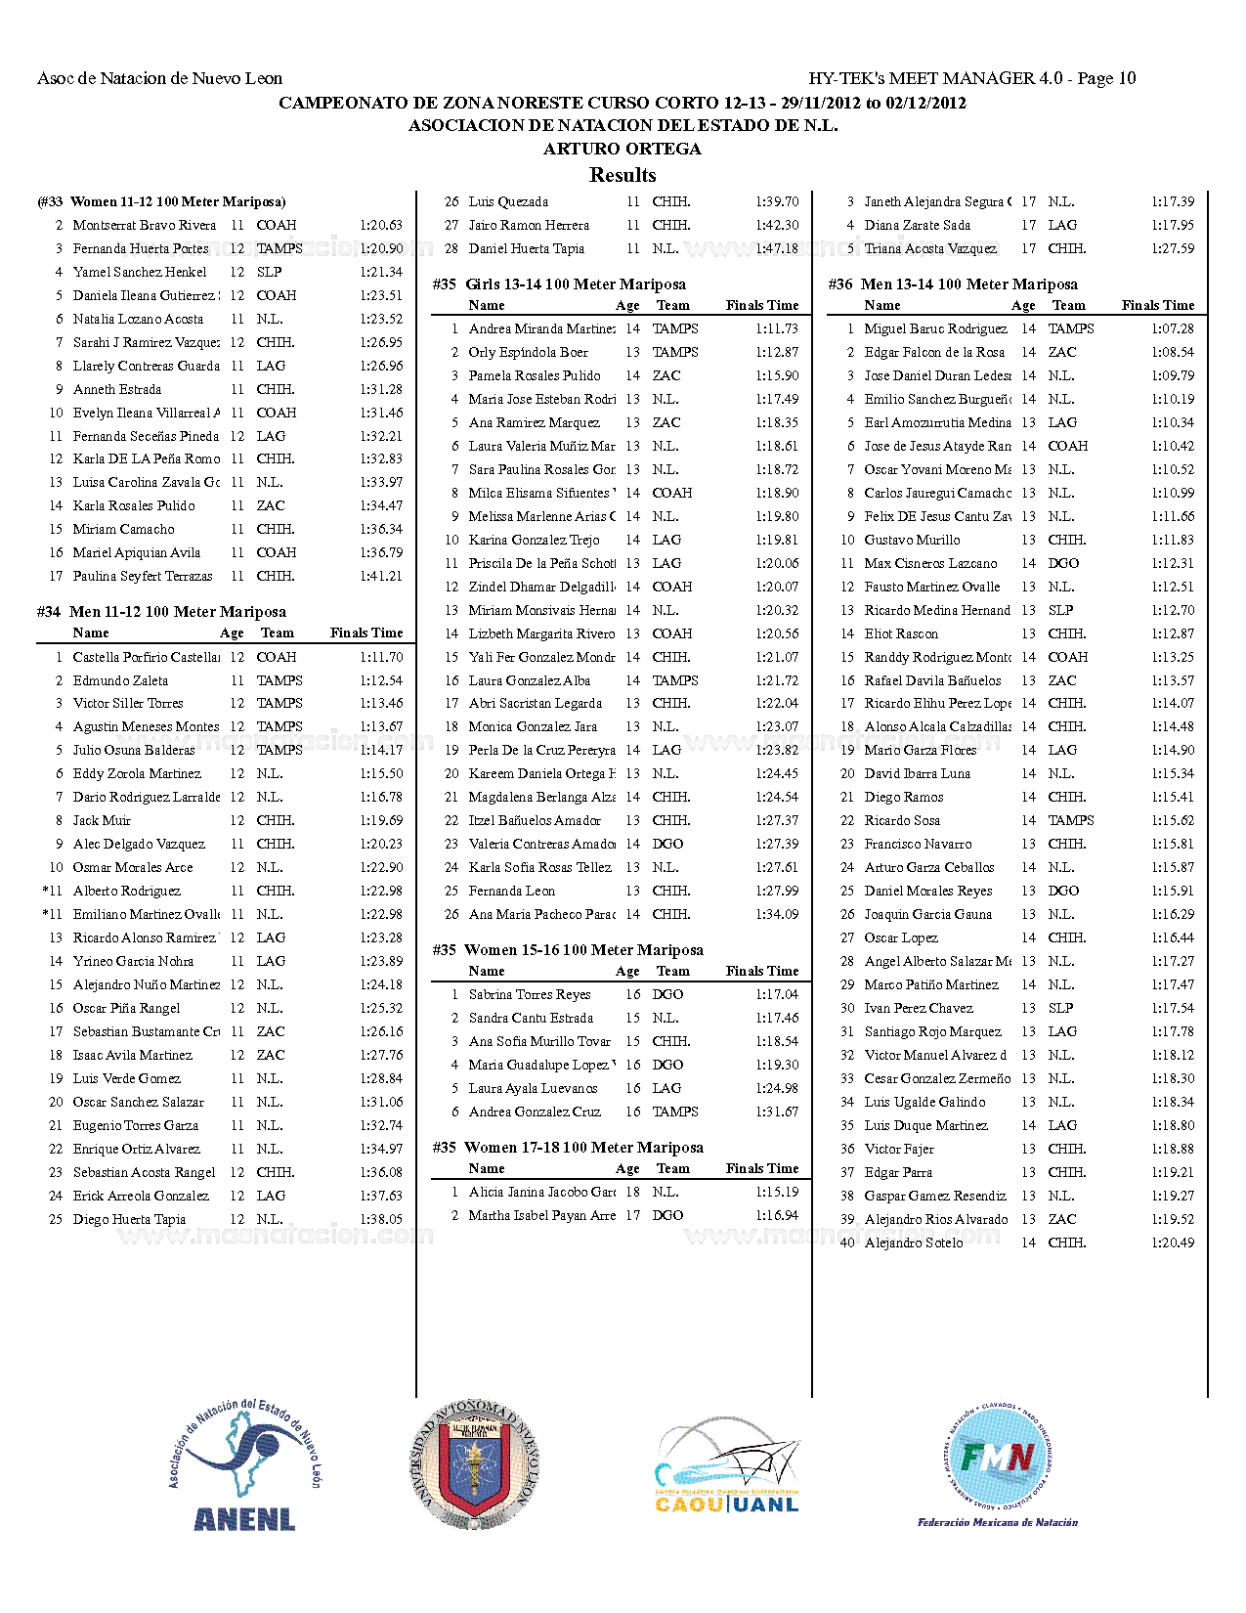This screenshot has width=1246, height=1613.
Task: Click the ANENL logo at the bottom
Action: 244,1465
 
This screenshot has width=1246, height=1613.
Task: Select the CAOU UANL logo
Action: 727,1465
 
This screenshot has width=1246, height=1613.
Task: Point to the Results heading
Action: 623,175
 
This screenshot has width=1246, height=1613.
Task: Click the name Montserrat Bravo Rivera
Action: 145,225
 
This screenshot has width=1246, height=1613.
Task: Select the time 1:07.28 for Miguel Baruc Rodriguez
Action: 1172,328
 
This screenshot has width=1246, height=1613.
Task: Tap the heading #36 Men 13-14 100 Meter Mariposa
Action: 953,284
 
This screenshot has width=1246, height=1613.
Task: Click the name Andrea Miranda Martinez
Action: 542,328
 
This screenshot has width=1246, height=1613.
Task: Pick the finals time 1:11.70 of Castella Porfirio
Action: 381,657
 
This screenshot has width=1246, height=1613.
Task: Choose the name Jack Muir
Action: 102,820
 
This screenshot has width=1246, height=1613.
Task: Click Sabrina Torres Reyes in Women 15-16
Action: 530,994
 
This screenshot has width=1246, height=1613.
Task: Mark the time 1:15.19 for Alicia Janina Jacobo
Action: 777,1192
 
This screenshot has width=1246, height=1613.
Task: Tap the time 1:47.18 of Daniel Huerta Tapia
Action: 777,248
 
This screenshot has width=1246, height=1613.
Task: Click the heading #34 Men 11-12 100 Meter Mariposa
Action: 162,612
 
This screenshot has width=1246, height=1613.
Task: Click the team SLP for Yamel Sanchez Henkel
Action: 270,272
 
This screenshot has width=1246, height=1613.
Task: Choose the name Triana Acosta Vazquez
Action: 930,248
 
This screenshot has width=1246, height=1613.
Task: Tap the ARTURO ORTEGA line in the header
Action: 623,149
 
